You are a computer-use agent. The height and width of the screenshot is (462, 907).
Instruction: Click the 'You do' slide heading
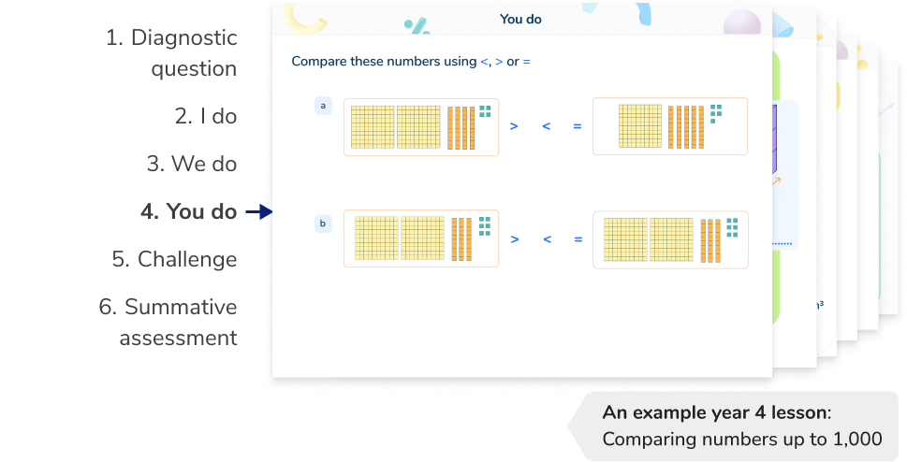coord(520,18)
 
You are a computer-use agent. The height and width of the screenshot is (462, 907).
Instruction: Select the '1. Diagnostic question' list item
coord(171,54)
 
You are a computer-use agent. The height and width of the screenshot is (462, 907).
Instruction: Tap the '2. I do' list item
coord(206,117)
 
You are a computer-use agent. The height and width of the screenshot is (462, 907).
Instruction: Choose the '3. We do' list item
coord(191,165)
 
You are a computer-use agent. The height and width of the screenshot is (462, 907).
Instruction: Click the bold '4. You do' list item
coord(188,212)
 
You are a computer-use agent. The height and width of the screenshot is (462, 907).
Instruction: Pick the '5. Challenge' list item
coord(174,260)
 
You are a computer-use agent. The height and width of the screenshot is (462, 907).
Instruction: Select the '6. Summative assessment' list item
coord(169,323)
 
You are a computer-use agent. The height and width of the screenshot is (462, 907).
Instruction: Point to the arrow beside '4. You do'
coord(257,213)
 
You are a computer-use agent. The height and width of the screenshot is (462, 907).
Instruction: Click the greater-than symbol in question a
coord(514,126)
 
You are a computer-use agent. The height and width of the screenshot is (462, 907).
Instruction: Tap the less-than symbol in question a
coord(546,126)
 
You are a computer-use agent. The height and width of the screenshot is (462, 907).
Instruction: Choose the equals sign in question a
coord(578,126)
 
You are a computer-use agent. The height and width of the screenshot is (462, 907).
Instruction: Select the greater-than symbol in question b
coord(514,238)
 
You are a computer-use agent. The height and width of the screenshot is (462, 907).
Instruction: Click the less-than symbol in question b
coord(546,238)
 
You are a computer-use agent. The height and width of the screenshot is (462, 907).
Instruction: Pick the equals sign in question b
coord(578,238)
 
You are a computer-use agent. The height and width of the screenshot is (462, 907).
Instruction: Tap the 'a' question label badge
coord(323,107)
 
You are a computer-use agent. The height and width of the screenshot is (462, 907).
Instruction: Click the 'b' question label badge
coord(323,224)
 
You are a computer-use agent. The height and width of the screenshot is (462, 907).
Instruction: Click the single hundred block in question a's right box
coord(640,126)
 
